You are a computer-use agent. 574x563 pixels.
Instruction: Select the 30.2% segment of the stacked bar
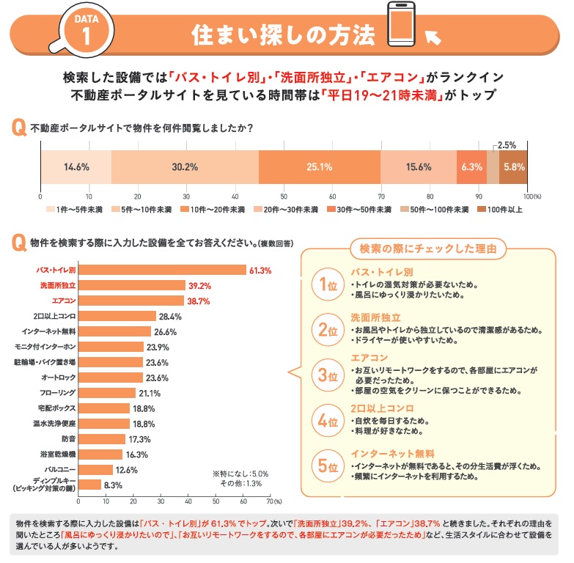[x=185, y=166]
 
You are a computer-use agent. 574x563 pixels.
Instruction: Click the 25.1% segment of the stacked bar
[x=320, y=166]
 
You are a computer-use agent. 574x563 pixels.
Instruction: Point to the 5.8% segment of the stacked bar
[x=514, y=166]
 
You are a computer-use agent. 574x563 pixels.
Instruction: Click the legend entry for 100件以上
[x=498, y=210]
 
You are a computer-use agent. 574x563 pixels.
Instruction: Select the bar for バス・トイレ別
[x=162, y=271]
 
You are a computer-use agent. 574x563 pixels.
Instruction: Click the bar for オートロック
[x=111, y=378]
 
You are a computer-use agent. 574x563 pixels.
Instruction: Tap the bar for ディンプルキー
[x=89, y=484]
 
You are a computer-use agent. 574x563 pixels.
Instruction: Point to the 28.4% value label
[x=170, y=317]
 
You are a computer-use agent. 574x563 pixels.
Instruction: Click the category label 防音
[x=68, y=439]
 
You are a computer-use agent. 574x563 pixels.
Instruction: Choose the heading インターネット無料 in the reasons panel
[x=393, y=453]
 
